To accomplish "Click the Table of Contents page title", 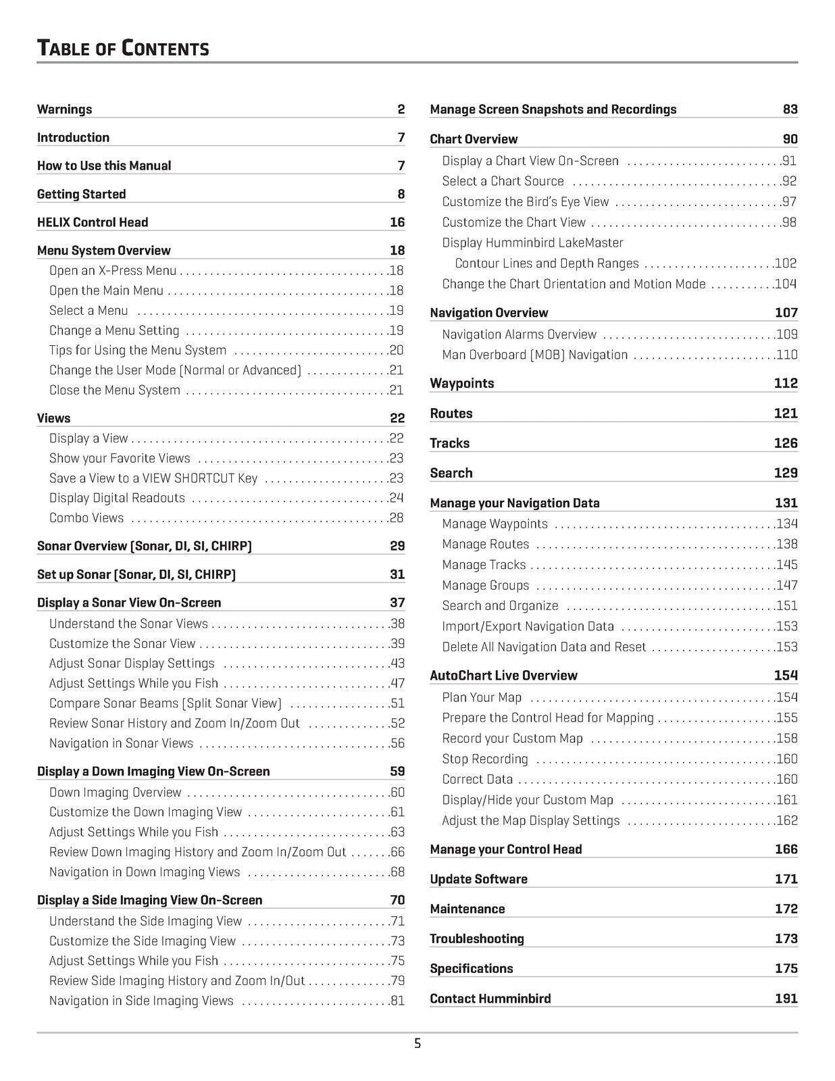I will (122, 48).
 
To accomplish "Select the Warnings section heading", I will (64, 109).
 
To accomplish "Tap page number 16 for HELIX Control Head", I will (397, 222).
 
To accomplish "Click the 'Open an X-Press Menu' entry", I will (112, 271).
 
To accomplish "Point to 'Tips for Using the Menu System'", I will (137, 350).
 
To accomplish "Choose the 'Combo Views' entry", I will (86, 518).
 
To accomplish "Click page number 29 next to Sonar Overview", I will (397, 546).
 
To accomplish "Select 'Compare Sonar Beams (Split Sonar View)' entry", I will (166, 703).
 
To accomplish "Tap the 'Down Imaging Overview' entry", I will (115, 793).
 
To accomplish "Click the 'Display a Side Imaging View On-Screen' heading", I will (149, 900).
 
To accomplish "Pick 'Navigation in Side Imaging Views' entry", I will (141, 1001).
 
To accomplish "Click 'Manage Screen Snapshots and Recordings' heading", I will (553, 109).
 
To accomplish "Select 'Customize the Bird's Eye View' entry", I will (525, 202).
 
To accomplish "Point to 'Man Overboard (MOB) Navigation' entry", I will (534, 355).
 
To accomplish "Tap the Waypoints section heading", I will (461, 384).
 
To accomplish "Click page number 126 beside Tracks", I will (786, 443).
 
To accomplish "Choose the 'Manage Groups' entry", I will (485, 586).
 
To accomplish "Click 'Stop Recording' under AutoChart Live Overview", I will (484, 759).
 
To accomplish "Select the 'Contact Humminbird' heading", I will (490, 999).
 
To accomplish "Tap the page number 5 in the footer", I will (417, 1044).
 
